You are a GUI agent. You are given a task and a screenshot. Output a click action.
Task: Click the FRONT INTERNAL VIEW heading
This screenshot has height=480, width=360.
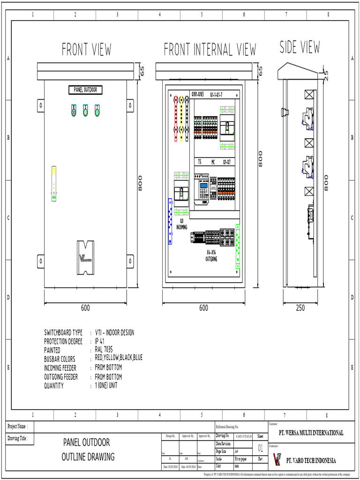tap(210, 49)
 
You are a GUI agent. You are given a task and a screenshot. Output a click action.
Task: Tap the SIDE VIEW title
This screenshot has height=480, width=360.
tap(300, 47)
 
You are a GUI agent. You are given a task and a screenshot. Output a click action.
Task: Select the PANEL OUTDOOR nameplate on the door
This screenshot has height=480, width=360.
tap(85, 90)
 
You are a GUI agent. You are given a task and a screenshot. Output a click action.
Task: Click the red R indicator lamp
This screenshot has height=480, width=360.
tap(74, 111)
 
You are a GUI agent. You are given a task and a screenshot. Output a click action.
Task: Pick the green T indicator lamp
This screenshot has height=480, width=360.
tap(97, 111)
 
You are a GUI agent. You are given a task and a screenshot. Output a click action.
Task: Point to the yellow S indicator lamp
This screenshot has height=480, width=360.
tap(85, 111)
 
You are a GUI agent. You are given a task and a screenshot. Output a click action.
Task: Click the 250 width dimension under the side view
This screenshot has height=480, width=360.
tap(300, 308)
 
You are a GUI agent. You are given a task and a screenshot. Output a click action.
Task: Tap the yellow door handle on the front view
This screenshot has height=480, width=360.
tap(54, 183)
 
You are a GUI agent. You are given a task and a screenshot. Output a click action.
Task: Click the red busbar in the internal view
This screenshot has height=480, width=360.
tap(176, 118)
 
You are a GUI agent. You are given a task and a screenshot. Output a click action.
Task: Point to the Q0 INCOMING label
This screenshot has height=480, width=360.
tap(181, 223)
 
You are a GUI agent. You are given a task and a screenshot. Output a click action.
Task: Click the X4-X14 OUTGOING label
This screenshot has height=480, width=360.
tap(211, 255)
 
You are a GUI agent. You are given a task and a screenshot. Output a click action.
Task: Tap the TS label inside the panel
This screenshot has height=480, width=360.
tap(199, 162)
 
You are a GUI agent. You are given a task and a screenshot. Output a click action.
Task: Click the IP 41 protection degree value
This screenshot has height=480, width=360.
tap(99, 341)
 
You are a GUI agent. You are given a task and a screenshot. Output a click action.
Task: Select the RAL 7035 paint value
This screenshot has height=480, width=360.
tap(104, 350)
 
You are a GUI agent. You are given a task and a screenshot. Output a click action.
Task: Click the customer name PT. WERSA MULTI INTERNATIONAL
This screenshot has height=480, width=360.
tap(311, 433)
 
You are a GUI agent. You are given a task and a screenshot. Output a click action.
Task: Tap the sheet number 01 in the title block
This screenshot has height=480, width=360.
tap(261, 449)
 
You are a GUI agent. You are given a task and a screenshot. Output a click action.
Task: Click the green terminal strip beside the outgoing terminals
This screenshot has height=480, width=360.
tap(238, 246)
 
